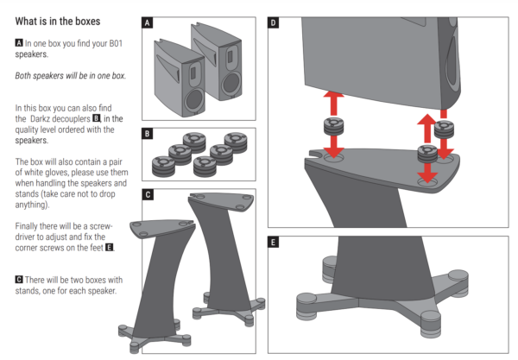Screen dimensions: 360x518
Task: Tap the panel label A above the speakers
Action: [148, 23]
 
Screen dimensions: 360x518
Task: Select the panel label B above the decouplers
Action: [148, 134]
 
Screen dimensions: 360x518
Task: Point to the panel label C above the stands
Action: [148, 195]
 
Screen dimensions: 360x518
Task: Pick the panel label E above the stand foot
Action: [274, 243]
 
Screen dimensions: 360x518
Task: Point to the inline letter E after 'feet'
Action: [110, 248]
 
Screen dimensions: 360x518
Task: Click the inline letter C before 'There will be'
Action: [19, 279]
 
